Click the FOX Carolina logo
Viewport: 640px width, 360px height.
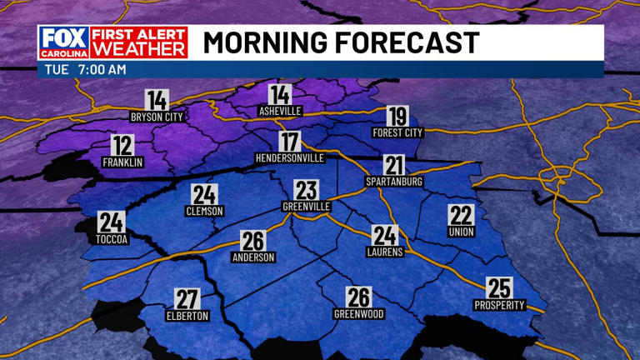pyautogui.click(x=62, y=42)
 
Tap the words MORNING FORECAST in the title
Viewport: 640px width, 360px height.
pyautogui.click(x=341, y=42)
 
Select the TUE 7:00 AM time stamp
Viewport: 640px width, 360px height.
pyautogui.click(x=82, y=70)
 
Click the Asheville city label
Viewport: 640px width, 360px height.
pyautogui.click(x=280, y=111)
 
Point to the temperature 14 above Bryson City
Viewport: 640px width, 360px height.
pyautogui.click(x=156, y=100)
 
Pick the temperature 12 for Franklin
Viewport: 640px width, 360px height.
pyautogui.click(x=122, y=145)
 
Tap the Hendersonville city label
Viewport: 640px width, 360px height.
pyautogui.click(x=289, y=157)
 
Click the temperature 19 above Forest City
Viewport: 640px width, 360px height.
pyautogui.click(x=397, y=117)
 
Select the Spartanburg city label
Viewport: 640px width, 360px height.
pyautogui.click(x=394, y=181)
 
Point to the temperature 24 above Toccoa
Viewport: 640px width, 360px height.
pyautogui.click(x=111, y=222)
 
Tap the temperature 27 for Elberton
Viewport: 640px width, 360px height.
pyautogui.click(x=187, y=299)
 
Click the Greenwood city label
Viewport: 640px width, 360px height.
pyautogui.click(x=358, y=314)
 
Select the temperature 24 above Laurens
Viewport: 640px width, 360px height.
pyautogui.click(x=384, y=235)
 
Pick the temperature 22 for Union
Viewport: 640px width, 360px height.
pyautogui.click(x=461, y=215)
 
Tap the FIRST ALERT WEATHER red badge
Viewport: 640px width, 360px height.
pyautogui.click(x=138, y=42)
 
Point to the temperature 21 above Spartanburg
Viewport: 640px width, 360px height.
pyautogui.click(x=394, y=165)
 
